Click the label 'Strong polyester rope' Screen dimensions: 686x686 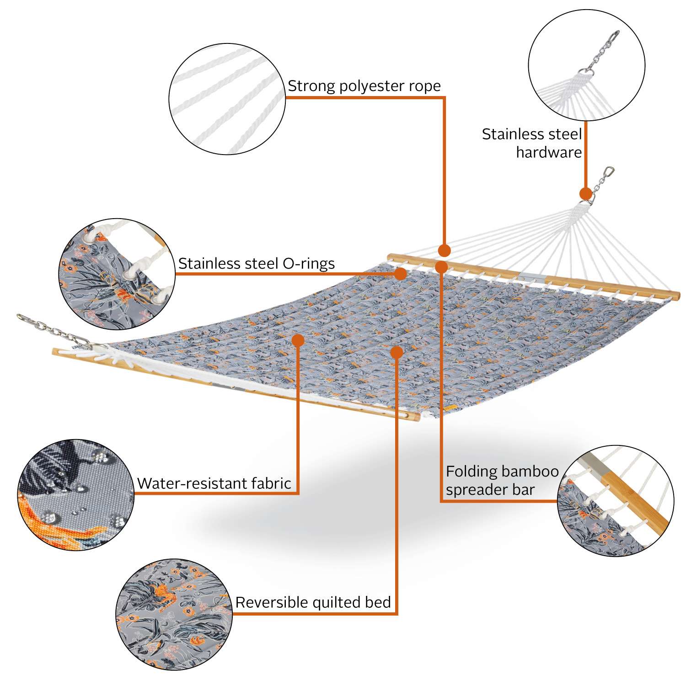[364, 86]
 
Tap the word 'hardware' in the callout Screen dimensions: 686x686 [549, 152]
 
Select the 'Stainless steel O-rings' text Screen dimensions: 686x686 [257, 263]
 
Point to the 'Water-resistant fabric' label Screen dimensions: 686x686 [214, 483]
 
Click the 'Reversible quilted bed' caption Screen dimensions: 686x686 [313, 602]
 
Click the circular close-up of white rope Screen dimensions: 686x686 [227, 99]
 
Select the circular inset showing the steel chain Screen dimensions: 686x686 [586, 65]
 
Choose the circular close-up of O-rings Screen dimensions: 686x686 [117, 274]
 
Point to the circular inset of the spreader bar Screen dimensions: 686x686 [616, 501]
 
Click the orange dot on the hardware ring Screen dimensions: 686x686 [585, 194]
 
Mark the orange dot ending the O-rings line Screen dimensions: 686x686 [401, 273]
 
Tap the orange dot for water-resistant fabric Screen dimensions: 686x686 [298, 340]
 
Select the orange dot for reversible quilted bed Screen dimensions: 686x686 [397, 352]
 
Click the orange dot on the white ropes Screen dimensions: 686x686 [444, 250]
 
